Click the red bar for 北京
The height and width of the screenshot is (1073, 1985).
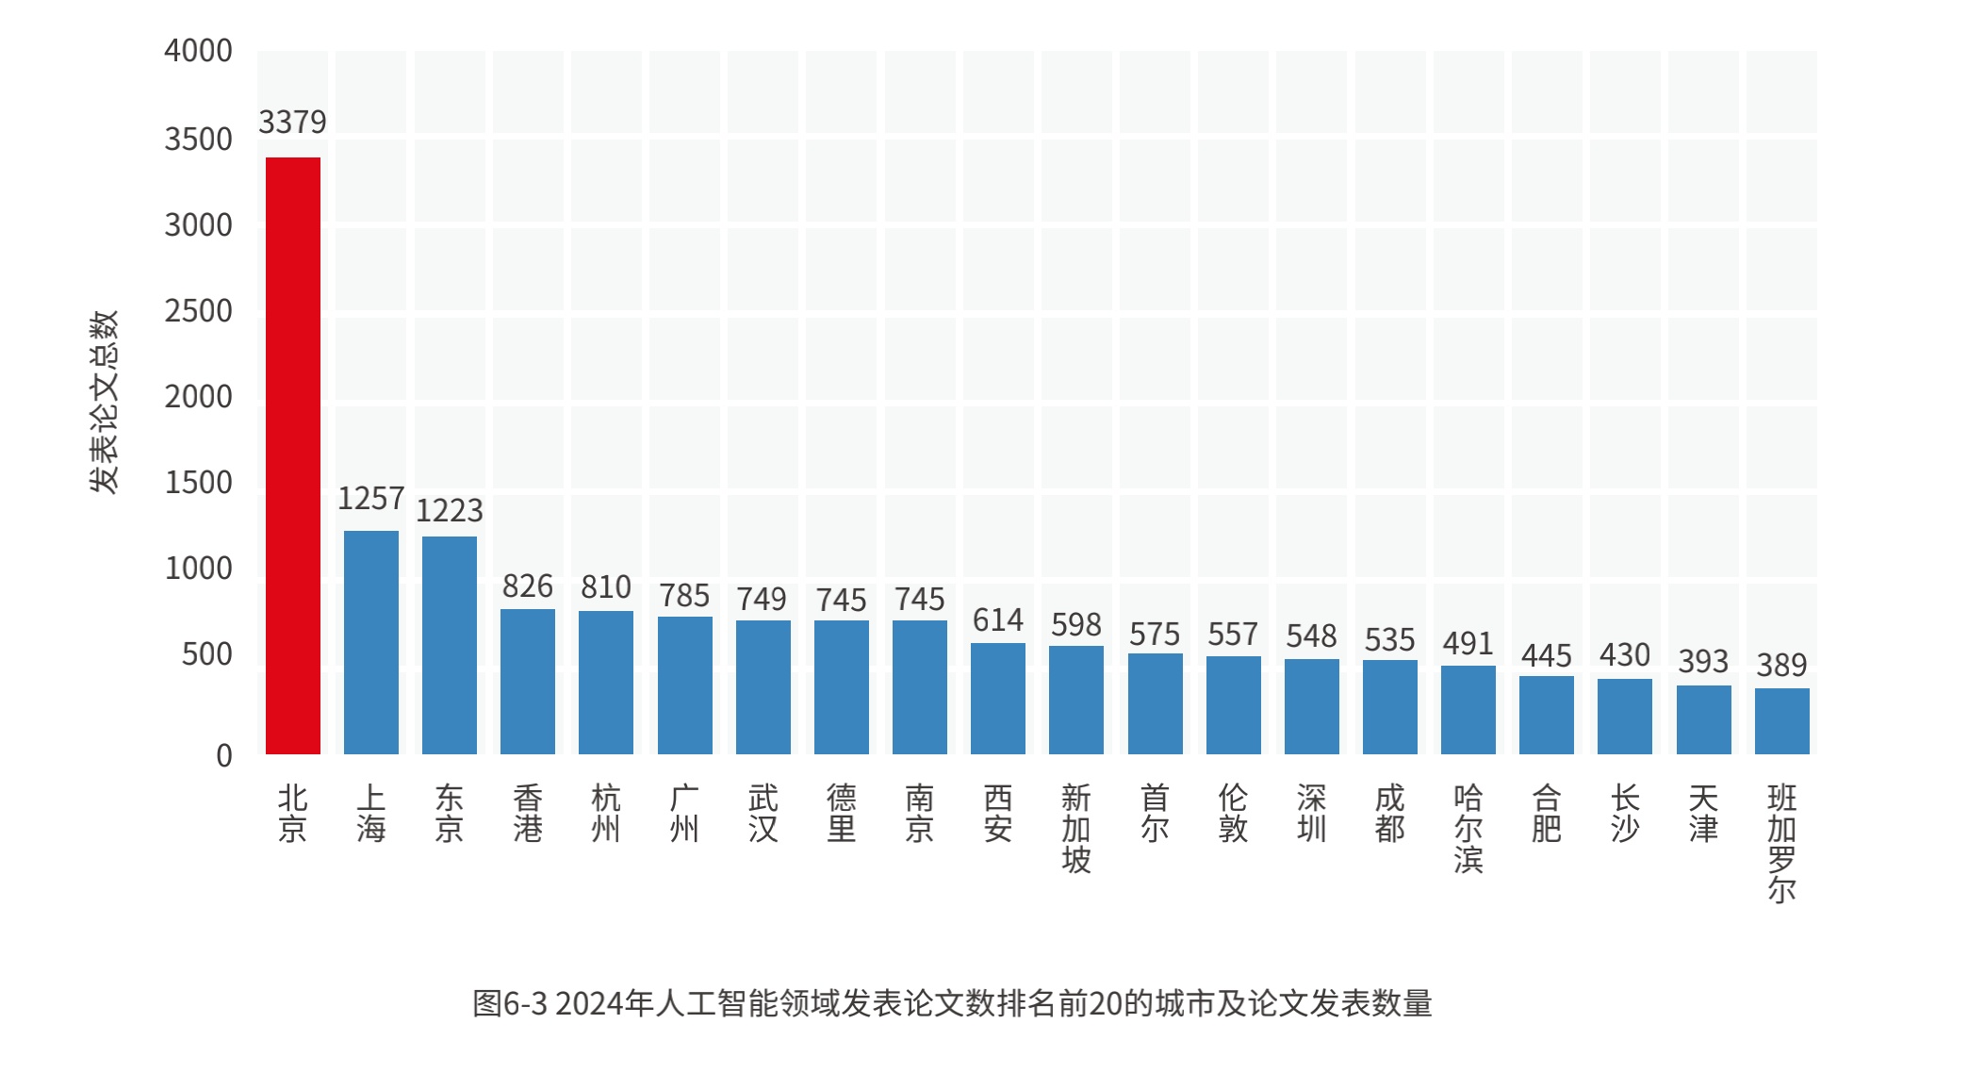pos(293,455)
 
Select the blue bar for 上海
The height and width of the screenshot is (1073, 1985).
pos(371,642)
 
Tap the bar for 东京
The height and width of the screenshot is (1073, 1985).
pos(450,645)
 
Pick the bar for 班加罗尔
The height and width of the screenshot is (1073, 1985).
pos(1781,721)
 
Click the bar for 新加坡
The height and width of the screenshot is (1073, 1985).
pos(1076,700)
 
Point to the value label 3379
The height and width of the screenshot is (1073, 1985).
pos(292,123)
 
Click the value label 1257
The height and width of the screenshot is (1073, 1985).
pos(371,499)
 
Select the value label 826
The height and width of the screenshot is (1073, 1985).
pos(528,586)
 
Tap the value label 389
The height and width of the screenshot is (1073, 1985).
pos(1781,666)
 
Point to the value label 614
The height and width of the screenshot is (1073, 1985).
pos(998,620)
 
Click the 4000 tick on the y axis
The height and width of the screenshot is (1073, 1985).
pos(198,51)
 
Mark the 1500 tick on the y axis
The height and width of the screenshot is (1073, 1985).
pos(198,483)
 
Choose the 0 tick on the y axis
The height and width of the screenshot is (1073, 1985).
pos(223,755)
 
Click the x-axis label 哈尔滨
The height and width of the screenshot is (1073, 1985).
pos(1468,829)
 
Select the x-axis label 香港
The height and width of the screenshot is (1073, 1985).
pos(528,813)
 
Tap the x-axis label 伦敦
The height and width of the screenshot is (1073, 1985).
pos(1233,813)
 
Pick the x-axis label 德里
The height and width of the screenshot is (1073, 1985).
pos(842,813)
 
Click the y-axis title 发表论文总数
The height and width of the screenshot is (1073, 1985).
pos(105,402)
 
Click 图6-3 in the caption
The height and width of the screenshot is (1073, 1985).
pos(510,1003)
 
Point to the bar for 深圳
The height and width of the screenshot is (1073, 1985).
pos(1311,706)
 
